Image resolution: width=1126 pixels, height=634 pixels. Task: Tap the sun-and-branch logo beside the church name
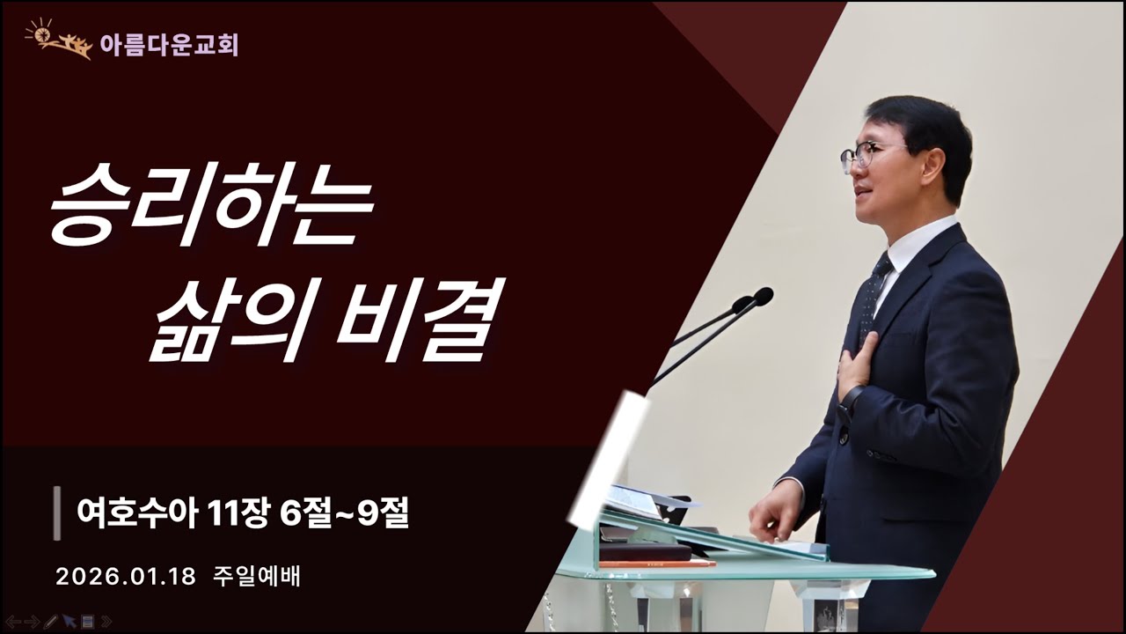58,40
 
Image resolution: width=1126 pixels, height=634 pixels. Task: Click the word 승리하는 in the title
211,210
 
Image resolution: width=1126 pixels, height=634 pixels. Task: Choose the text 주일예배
257,577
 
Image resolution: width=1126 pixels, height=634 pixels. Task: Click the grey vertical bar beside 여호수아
57,512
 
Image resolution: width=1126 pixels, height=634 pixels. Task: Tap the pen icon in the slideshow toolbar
50,622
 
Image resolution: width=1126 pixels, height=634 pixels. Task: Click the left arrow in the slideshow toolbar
13,622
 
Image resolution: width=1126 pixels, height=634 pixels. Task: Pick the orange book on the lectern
656,563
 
